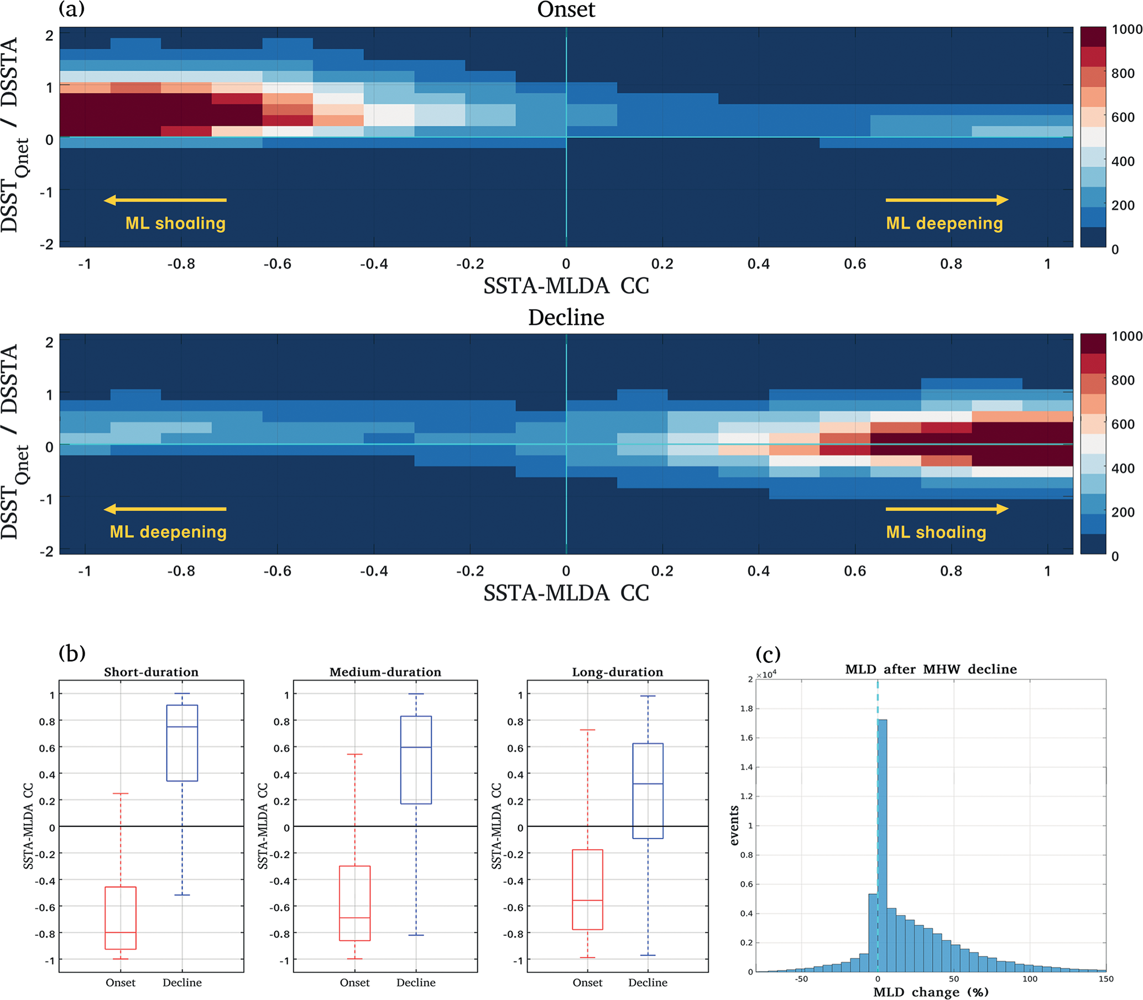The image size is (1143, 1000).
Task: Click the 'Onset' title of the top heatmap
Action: click(x=566, y=10)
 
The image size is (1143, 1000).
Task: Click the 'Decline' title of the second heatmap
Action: click(x=566, y=317)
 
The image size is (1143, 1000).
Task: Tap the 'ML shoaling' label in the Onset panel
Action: click(x=175, y=223)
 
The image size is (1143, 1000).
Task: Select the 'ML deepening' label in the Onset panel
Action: click(x=944, y=223)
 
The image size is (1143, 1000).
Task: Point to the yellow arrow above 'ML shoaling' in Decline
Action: click(x=947, y=509)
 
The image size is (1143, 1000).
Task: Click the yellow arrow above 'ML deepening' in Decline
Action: click(x=165, y=509)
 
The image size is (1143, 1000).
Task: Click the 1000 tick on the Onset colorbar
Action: click(x=1126, y=30)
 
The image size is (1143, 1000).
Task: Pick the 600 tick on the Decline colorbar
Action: click(x=1123, y=424)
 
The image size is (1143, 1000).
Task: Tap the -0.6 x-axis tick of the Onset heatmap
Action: click(x=278, y=264)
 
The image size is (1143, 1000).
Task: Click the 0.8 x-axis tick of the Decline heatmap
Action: click(x=951, y=571)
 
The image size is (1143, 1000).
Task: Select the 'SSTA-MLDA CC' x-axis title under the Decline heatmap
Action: click(x=566, y=593)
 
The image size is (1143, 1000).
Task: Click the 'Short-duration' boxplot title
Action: click(x=152, y=672)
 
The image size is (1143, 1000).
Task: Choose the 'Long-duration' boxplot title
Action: click(x=617, y=672)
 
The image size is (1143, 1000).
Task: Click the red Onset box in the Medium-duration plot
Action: click(x=355, y=903)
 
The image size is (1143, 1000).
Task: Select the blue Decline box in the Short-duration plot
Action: click(x=182, y=743)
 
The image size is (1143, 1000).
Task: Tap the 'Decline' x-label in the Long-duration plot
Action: click(x=648, y=982)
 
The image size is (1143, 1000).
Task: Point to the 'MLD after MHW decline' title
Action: click(x=931, y=669)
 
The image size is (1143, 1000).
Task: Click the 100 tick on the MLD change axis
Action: click(x=1030, y=979)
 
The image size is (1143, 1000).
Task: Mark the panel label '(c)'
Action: click(x=768, y=653)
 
